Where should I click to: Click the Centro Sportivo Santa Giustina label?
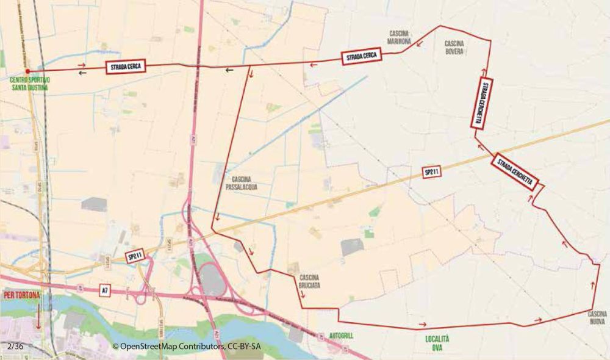tap(29, 84)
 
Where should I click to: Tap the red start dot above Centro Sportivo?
tap(28, 71)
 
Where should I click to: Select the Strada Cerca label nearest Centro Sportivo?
tap(125, 67)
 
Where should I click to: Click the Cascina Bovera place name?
tap(454, 47)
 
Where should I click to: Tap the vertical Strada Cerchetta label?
tap(481, 103)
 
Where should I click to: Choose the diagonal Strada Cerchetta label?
tap(515, 171)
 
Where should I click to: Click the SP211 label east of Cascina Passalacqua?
tap(432, 173)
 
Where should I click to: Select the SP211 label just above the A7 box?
tap(135, 257)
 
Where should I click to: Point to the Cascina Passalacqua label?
tap(241, 184)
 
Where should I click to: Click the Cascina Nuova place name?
tap(597, 317)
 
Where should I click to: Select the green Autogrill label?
tap(341, 336)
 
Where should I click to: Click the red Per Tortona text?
tap(22, 296)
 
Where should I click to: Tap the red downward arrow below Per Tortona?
tap(38, 316)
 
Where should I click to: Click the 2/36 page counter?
tap(15, 346)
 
